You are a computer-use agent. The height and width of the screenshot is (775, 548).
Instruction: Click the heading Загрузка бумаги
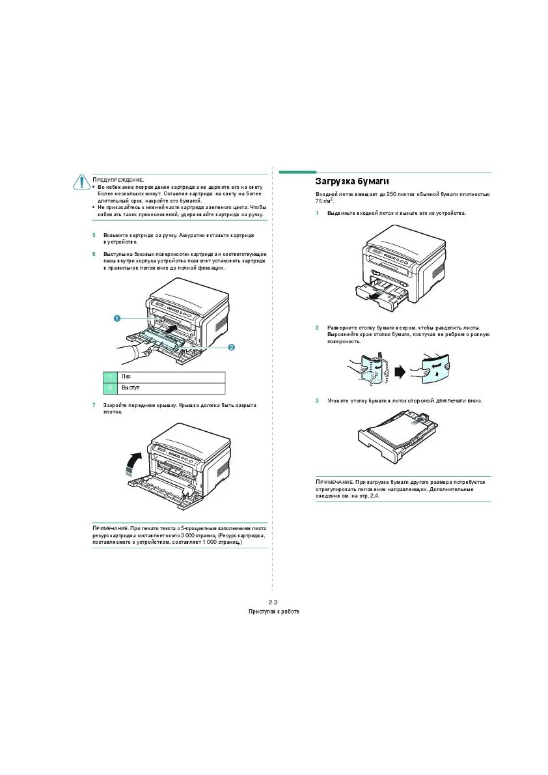click(x=352, y=180)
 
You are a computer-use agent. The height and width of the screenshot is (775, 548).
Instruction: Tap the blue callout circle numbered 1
click(x=116, y=318)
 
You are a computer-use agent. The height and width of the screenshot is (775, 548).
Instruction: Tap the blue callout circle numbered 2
click(x=231, y=348)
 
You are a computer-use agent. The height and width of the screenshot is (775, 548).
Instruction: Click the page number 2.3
click(x=273, y=601)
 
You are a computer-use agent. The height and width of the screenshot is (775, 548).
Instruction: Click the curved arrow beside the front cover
click(x=133, y=464)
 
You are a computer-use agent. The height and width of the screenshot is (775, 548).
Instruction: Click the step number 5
click(x=94, y=234)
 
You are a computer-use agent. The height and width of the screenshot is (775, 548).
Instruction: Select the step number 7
click(x=94, y=405)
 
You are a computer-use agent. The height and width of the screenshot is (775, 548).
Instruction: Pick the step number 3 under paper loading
click(x=318, y=401)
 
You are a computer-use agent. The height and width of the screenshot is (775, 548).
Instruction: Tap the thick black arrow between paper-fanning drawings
click(x=399, y=371)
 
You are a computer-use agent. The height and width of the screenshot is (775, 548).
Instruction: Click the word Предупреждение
click(x=118, y=179)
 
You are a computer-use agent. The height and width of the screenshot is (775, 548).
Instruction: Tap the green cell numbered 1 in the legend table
click(x=111, y=377)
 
